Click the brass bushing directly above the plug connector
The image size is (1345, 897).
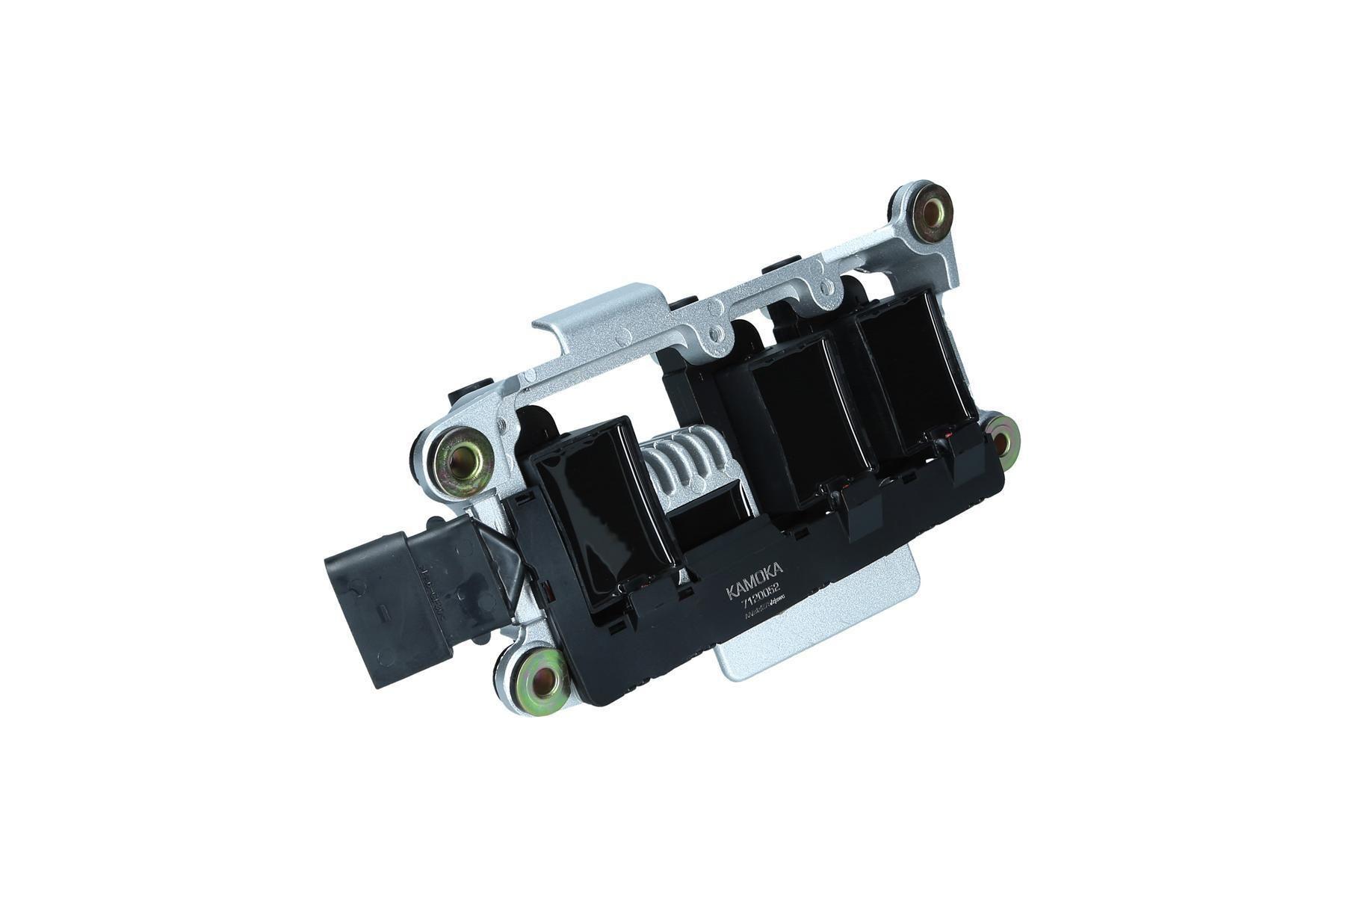[x=463, y=457]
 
